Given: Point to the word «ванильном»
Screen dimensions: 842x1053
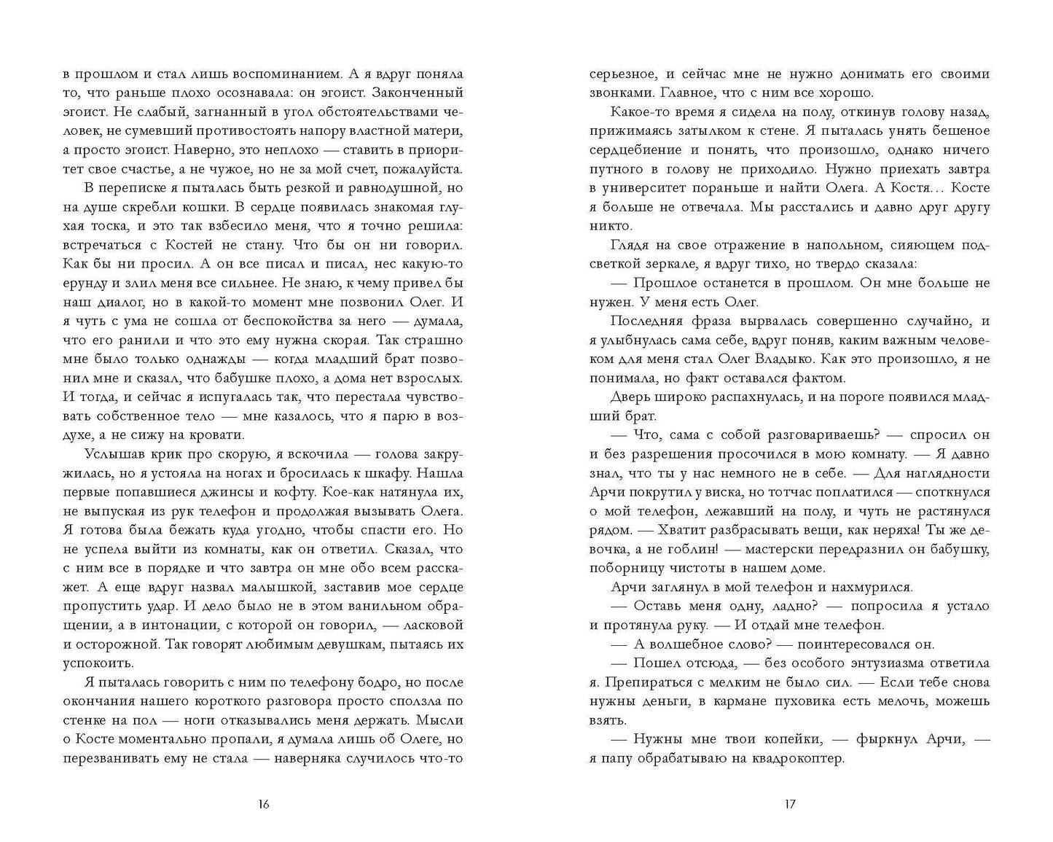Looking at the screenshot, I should pyautogui.click(x=359, y=606).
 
